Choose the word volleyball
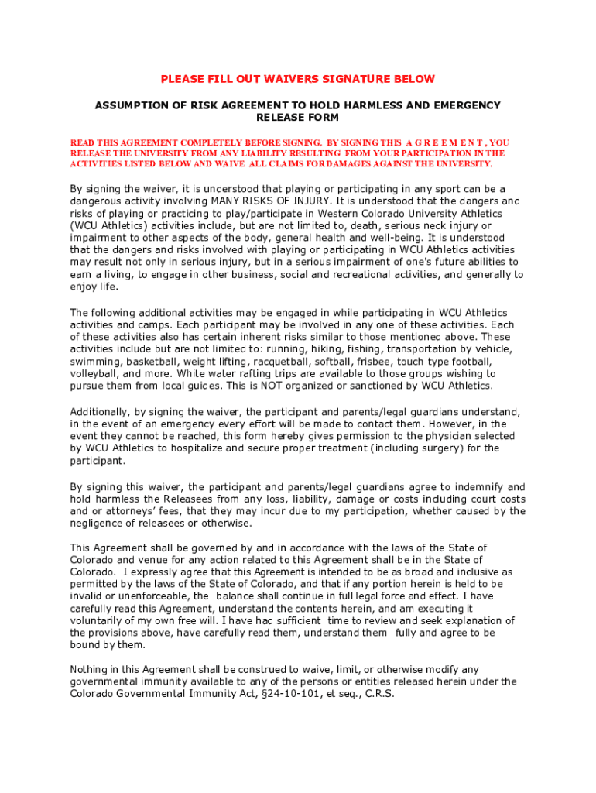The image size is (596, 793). pos(97,374)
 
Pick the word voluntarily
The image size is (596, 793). pos(98,620)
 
